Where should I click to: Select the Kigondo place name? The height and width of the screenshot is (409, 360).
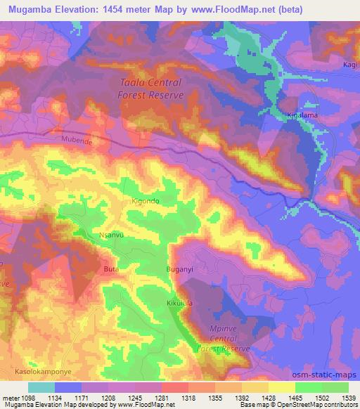[146, 201]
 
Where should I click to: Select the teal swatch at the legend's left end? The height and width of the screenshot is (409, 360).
[41, 387]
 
